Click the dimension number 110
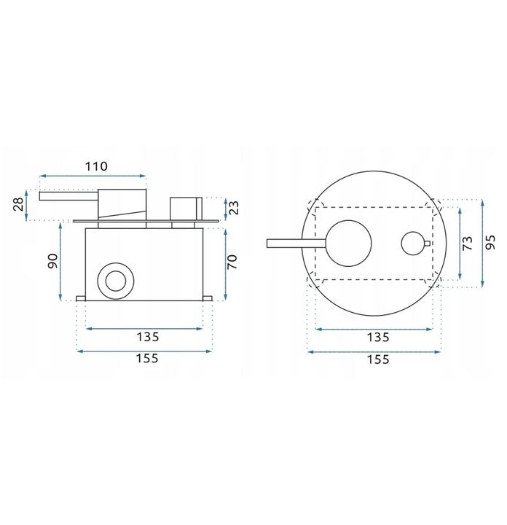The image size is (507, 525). pyautogui.click(x=95, y=166)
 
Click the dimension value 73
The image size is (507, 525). pyautogui.click(x=468, y=244)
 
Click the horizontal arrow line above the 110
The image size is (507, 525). pyautogui.click(x=93, y=176)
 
